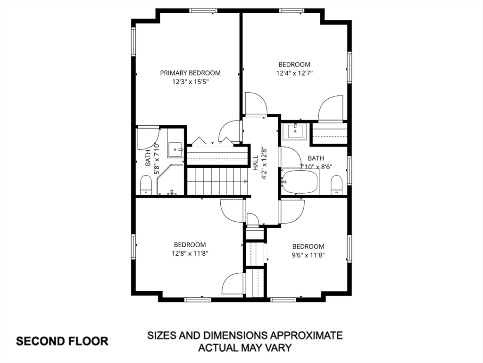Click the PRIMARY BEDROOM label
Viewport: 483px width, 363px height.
(x=190, y=73)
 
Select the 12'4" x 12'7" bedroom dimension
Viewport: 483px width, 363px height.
(x=294, y=73)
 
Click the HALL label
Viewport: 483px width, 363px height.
(x=256, y=163)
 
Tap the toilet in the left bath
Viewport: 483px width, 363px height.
(x=146, y=185)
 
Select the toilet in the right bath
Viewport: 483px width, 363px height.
(x=337, y=185)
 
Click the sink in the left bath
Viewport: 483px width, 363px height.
(x=175, y=150)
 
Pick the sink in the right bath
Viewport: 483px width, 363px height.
(x=296, y=131)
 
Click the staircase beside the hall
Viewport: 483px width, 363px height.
(x=217, y=181)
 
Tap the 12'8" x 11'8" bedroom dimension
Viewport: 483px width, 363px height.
(x=190, y=253)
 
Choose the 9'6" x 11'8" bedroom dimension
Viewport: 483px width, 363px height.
(x=308, y=255)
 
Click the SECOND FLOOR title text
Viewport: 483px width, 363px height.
(x=62, y=341)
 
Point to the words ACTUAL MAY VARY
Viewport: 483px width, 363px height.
(x=245, y=347)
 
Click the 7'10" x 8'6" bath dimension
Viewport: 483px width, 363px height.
(x=316, y=167)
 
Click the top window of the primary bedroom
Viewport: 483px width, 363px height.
(x=201, y=11)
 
